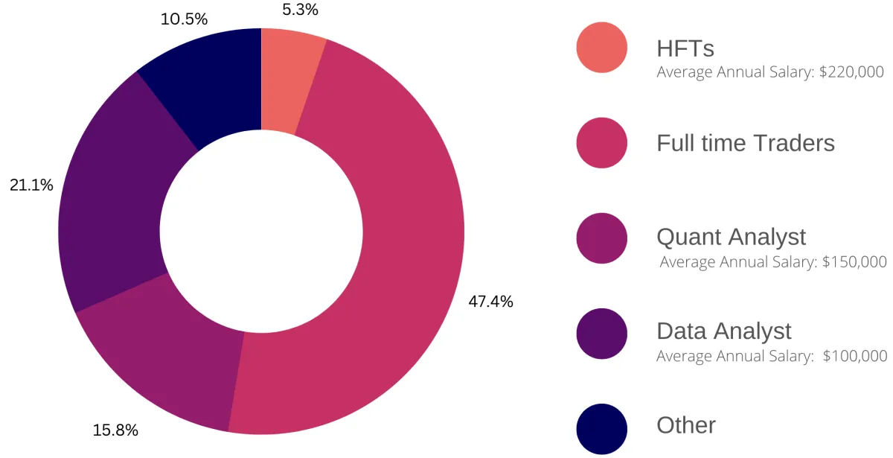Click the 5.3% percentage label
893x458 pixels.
(300, 10)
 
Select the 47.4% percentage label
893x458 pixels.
(490, 302)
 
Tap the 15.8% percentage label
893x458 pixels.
(115, 430)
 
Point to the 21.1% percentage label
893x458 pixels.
(31, 185)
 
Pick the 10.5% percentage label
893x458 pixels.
(184, 19)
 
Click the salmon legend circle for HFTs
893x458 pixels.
(601, 48)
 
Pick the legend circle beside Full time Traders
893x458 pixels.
(601, 142)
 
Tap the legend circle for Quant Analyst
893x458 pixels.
(601, 238)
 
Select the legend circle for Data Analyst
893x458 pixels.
(601, 333)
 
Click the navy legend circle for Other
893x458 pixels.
(601, 427)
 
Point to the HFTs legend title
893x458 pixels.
(685, 48)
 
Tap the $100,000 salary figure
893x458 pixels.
(855, 356)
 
